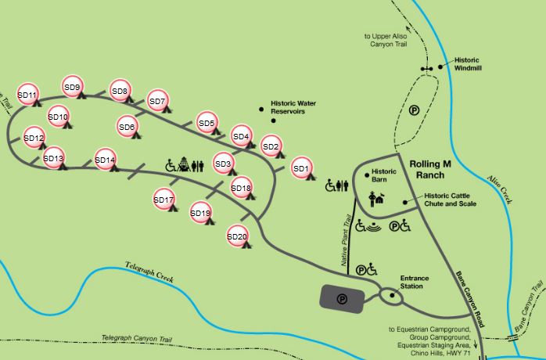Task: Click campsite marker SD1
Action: coord(301,167)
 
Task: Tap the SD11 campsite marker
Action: coord(27,95)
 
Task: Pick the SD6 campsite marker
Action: coord(128,127)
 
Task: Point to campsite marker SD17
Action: coord(163,200)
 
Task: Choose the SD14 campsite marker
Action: coord(105,160)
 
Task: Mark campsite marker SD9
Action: coord(73,87)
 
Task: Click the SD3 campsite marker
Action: coord(223,164)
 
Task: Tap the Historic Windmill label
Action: coord(467,64)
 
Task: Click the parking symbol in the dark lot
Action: coord(342,297)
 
